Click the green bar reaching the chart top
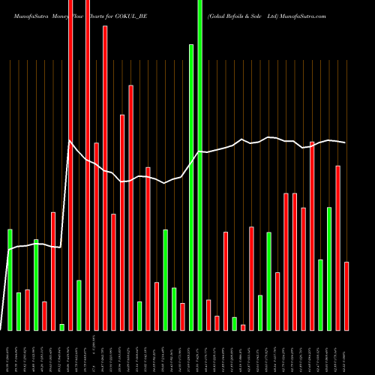pyautogui.click(x=199, y=165)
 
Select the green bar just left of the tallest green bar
pyautogui.click(x=191, y=187)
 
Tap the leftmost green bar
pyautogui.click(x=10, y=280)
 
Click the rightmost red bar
pyautogui.click(x=346, y=296)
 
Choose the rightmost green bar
pyautogui.click(x=329, y=268)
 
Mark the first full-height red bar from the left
pyautogui.click(x=70, y=165)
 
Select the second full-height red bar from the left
pyautogui.click(x=88, y=165)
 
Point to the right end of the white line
pyautogui.click(x=345, y=142)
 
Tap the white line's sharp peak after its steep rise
pyautogui.click(x=70, y=142)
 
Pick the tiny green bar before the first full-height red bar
pyautogui.click(x=61, y=327)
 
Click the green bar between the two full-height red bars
pyautogui.click(x=79, y=305)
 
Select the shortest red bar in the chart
pyautogui.click(x=243, y=327)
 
